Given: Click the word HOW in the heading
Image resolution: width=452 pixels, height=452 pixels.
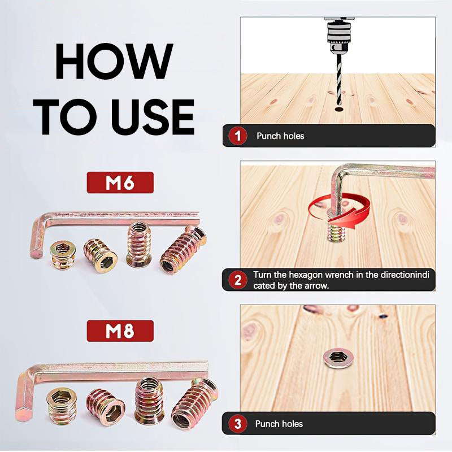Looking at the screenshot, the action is [x=114, y=61].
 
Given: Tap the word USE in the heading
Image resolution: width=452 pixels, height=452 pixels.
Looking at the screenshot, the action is [x=153, y=117].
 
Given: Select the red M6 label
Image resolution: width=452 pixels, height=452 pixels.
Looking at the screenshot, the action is [x=120, y=182].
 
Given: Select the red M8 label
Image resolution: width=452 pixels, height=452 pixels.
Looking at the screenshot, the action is [x=120, y=331].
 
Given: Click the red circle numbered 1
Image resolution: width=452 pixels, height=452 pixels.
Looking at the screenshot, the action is [x=237, y=136].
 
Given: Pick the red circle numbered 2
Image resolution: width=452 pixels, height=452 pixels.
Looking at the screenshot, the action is [x=237, y=280].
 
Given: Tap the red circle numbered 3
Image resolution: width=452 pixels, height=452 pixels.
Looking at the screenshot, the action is [x=237, y=424].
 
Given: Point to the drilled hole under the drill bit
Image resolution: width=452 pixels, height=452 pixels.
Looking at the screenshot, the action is [x=338, y=110].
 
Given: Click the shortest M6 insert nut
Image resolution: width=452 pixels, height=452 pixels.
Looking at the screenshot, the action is [x=63, y=255].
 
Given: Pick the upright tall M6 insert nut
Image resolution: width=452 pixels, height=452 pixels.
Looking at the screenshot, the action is [x=138, y=245].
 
